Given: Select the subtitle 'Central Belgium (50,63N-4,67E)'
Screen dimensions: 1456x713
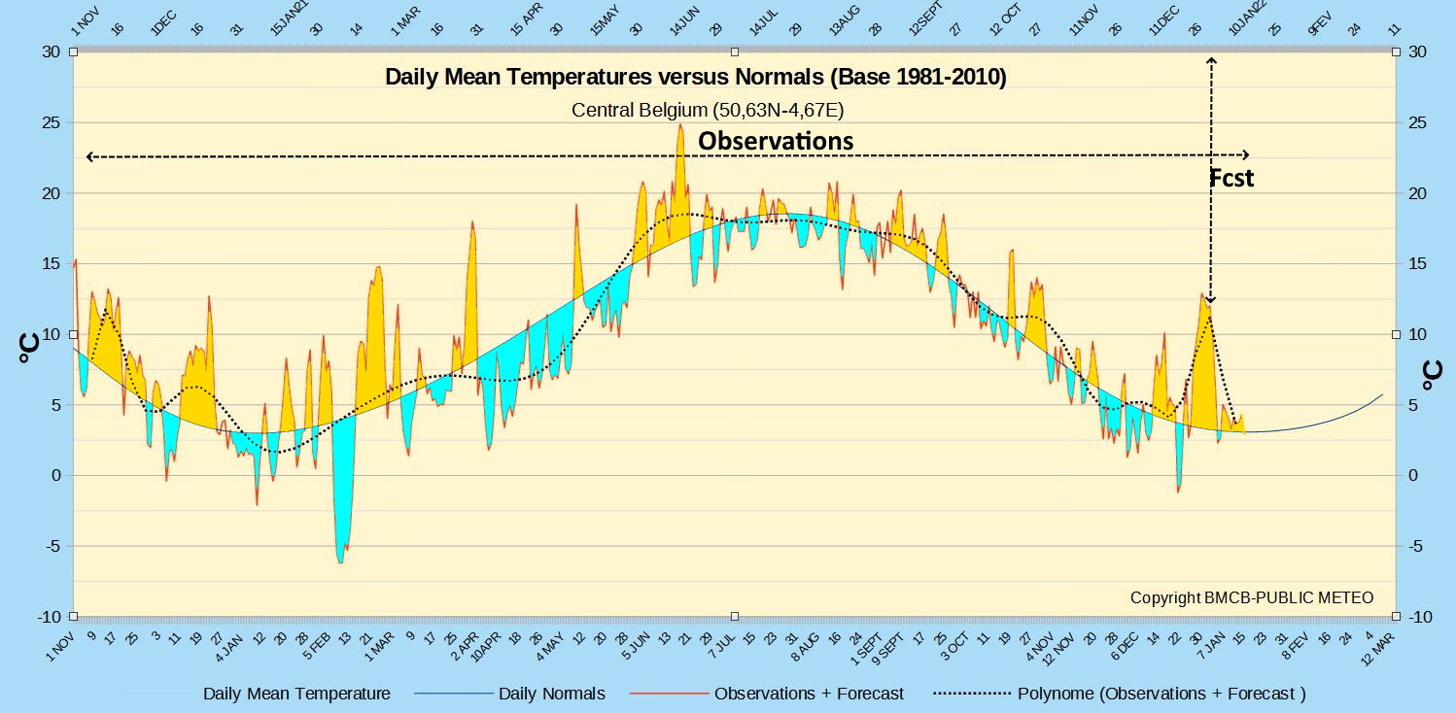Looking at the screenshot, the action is (708, 111).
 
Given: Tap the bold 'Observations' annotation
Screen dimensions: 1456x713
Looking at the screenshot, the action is (776, 141).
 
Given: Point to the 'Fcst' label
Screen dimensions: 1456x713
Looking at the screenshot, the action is (1231, 178).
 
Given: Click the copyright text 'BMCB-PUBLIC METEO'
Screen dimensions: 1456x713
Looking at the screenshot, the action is (1289, 597).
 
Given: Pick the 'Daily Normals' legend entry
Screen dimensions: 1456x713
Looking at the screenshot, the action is (551, 694).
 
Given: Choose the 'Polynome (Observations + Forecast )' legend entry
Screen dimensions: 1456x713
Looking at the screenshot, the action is (1161, 694).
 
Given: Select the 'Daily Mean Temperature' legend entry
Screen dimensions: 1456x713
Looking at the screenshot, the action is (296, 694).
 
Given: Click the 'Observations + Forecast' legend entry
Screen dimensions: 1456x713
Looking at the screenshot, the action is (809, 694).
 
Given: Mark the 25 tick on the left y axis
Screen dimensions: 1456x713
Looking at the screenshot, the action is (52, 122).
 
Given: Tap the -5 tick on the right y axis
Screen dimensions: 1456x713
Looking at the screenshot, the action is (1418, 546).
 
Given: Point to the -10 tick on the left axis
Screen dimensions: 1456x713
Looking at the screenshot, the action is (49, 617).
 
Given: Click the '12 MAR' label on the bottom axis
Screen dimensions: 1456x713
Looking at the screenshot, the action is (1378, 648).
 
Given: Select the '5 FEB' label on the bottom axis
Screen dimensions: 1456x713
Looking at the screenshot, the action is (317, 647).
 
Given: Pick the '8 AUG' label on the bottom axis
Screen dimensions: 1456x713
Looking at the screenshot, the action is (805, 647).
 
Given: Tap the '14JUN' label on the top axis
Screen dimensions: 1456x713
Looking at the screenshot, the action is (684, 20).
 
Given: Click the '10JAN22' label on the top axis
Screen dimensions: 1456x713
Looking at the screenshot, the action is (1247, 18).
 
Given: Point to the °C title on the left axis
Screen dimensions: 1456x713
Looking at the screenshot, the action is (29, 348).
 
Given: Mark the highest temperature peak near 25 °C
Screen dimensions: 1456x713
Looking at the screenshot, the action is (680, 125).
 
